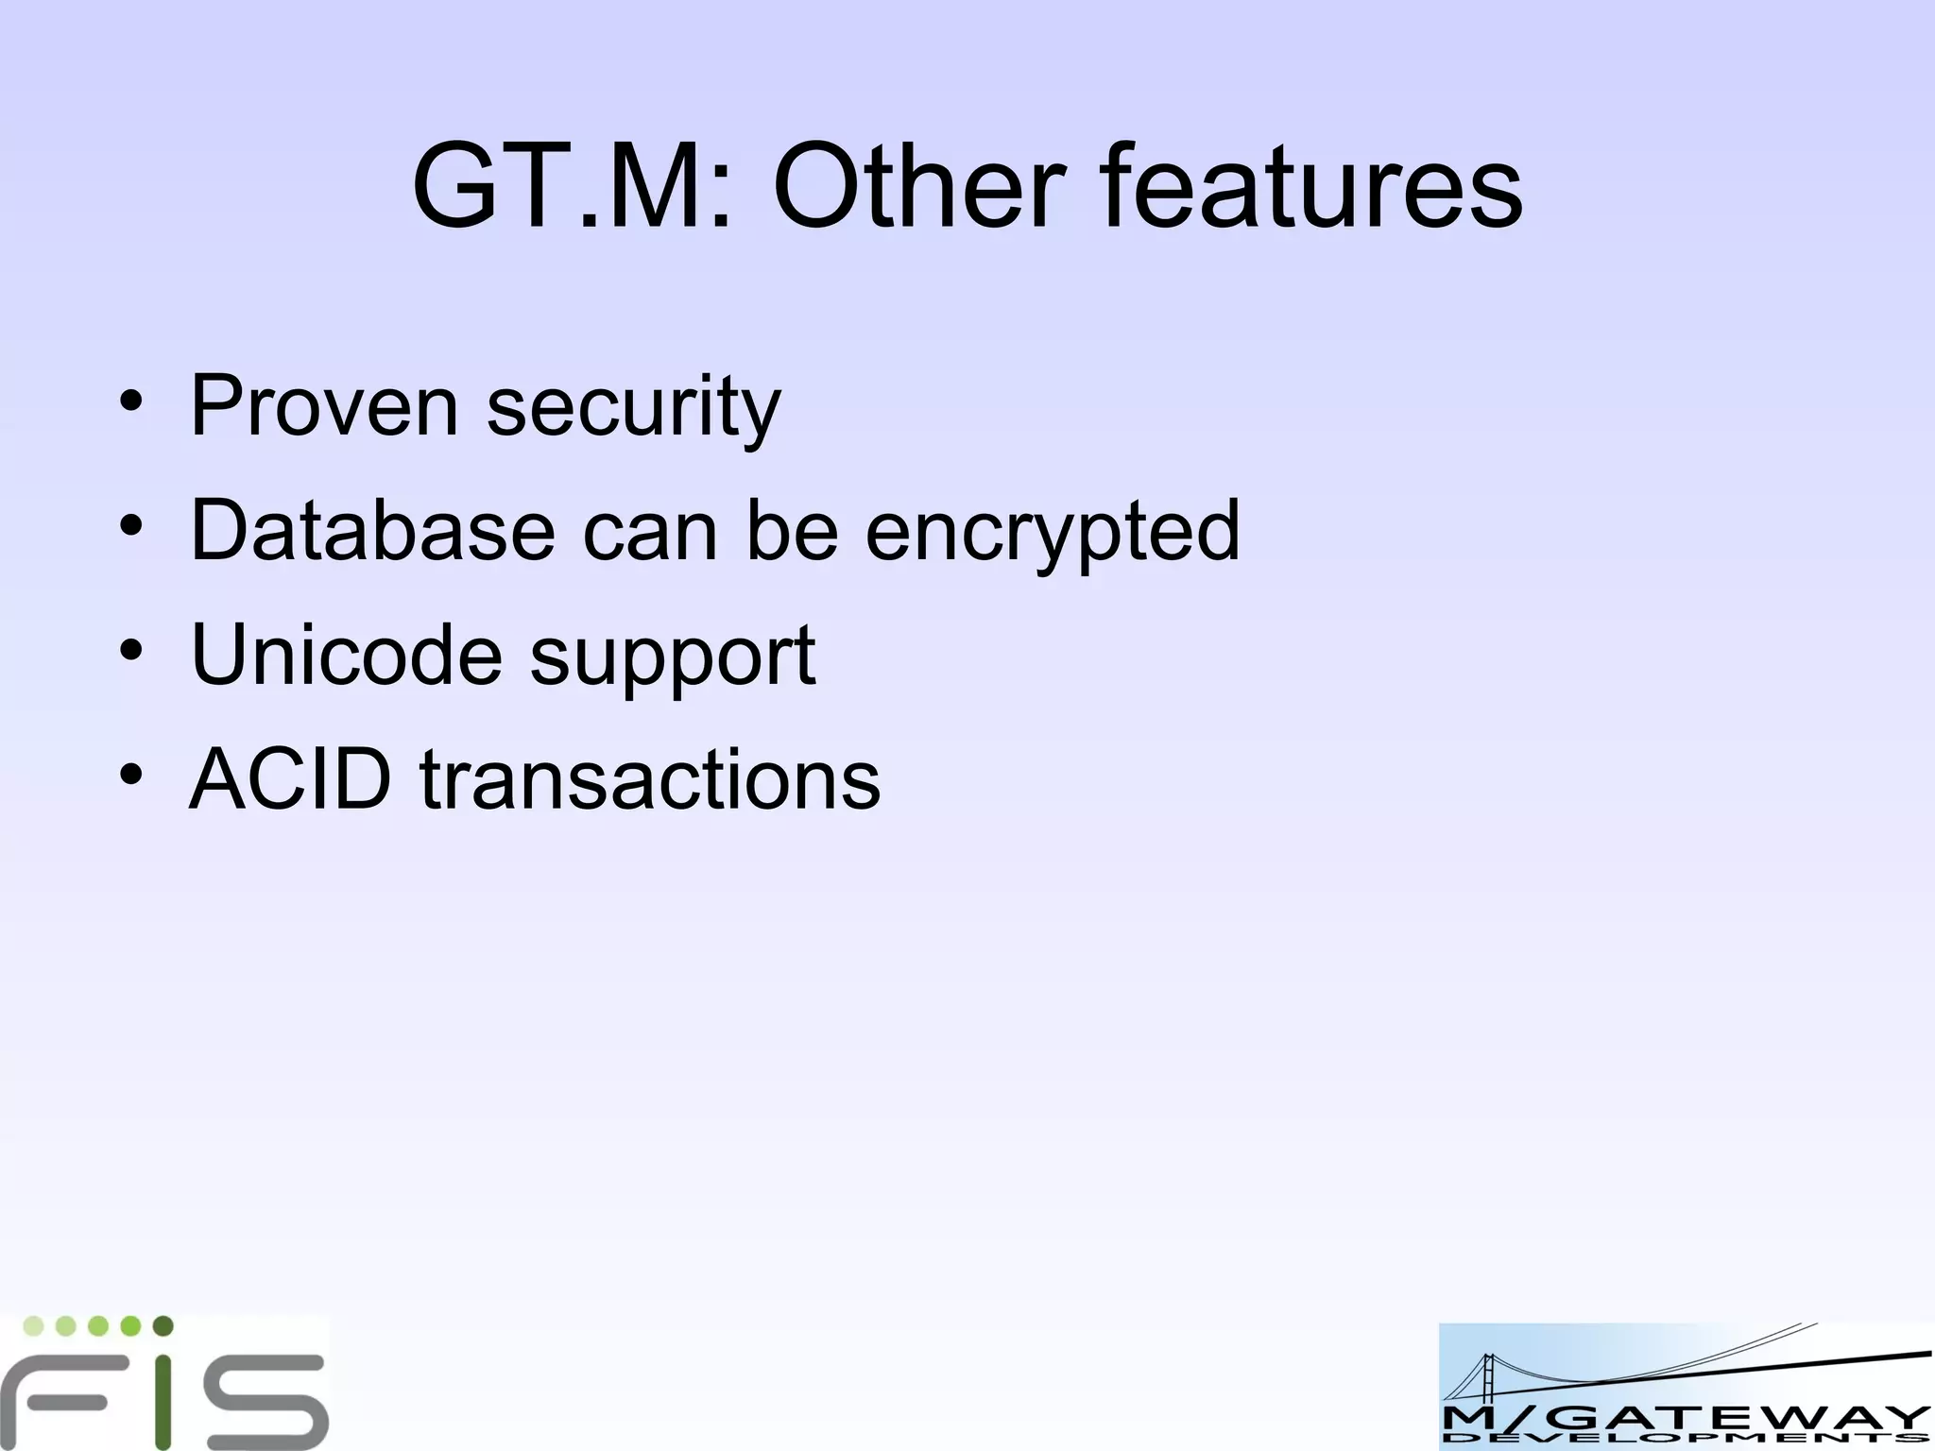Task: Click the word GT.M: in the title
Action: [x=572, y=185]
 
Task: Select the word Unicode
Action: [x=346, y=655]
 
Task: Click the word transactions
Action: [x=649, y=779]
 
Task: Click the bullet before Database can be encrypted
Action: [x=131, y=527]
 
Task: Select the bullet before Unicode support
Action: [x=131, y=652]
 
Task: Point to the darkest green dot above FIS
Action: [x=163, y=1326]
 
